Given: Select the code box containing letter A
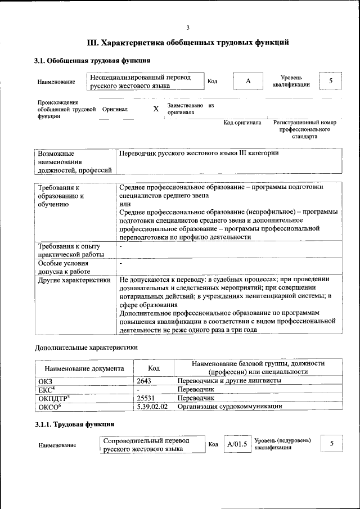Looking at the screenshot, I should coord(248,81).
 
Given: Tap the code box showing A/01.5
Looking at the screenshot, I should coord(237,444).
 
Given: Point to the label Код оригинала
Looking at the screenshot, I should coord(242,122).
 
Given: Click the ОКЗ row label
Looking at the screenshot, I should coord(45,381).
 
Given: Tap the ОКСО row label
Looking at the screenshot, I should coord(49,406).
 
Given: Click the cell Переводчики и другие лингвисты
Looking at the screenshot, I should coord(229,381).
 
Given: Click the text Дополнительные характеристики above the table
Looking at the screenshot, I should coord(85,348).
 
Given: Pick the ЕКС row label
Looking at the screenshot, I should coord(46,389).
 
